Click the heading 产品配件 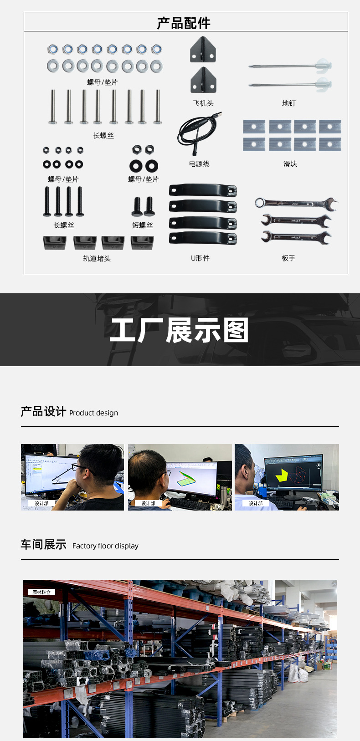click(x=184, y=23)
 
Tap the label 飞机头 click(x=203, y=103)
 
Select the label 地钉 click(x=289, y=103)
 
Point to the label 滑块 click(x=290, y=164)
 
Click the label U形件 click(x=200, y=258)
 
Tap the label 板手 click(x=288, y=258)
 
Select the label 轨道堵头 click(x=97, y=259)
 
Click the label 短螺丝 click(x=143, y=225)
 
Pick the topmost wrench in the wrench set click(x=296, y=204)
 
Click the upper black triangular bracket click(x=203, y=50)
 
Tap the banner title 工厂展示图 click(x=180, y=330)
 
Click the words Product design click(x=93, y=413)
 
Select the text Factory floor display click(x=105, y=546)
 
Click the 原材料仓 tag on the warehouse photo click(x=41, y=592)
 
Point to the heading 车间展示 click(x=43, y=545)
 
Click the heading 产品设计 click(x=43, y=412)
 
